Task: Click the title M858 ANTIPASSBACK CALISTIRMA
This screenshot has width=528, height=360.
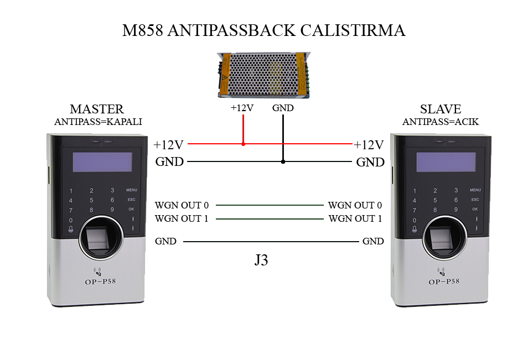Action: tap(263, 30)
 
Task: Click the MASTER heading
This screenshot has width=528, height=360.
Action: tap(97, 109)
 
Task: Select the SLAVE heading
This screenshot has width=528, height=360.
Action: tap(440, 109)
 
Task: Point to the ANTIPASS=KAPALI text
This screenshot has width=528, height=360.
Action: tap(98, 122)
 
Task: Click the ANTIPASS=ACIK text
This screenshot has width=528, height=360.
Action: tap(441, 122)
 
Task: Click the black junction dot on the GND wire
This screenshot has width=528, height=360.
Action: tap(283, 162)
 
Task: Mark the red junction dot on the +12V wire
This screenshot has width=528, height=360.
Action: tap(243, 144)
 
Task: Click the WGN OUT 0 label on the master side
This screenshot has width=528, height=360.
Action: tap(182, 205)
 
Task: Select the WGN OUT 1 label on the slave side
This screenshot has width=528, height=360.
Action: tap(355, 219)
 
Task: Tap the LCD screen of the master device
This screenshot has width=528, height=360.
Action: tap(102, 161)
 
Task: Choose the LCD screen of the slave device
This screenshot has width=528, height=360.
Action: tap(446, 161)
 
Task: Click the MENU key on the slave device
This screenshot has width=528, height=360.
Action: tap(475, 190)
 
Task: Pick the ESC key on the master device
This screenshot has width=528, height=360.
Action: tap(131, 200)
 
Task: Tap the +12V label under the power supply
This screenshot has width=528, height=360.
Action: tap(242, 108)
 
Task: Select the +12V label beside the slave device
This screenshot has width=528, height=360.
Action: tap(369, 145)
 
